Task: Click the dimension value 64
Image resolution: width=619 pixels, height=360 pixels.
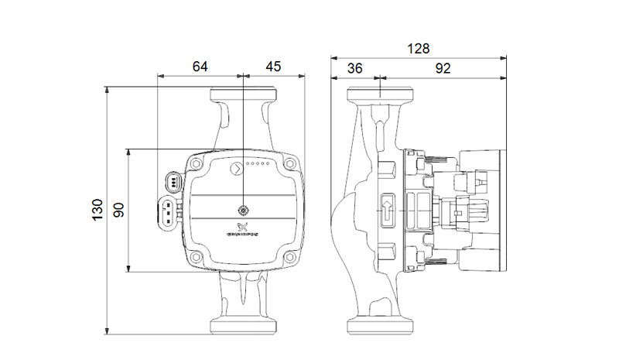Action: pos(200,67)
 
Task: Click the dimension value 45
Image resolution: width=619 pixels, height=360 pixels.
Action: pos(273,67)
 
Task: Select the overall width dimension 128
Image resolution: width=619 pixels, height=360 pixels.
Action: pos(419,49)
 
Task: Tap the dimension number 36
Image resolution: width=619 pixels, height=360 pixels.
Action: pos(355,68)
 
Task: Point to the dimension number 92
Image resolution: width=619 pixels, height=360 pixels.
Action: pos(443,68)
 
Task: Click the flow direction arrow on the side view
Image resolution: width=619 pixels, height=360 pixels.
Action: pos(387,209)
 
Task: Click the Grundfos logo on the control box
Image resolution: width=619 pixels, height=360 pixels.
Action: pos(242,230)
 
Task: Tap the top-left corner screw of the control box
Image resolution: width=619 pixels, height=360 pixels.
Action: pos(197,164)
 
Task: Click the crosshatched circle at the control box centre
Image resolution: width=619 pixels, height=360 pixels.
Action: pos(242,210)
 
